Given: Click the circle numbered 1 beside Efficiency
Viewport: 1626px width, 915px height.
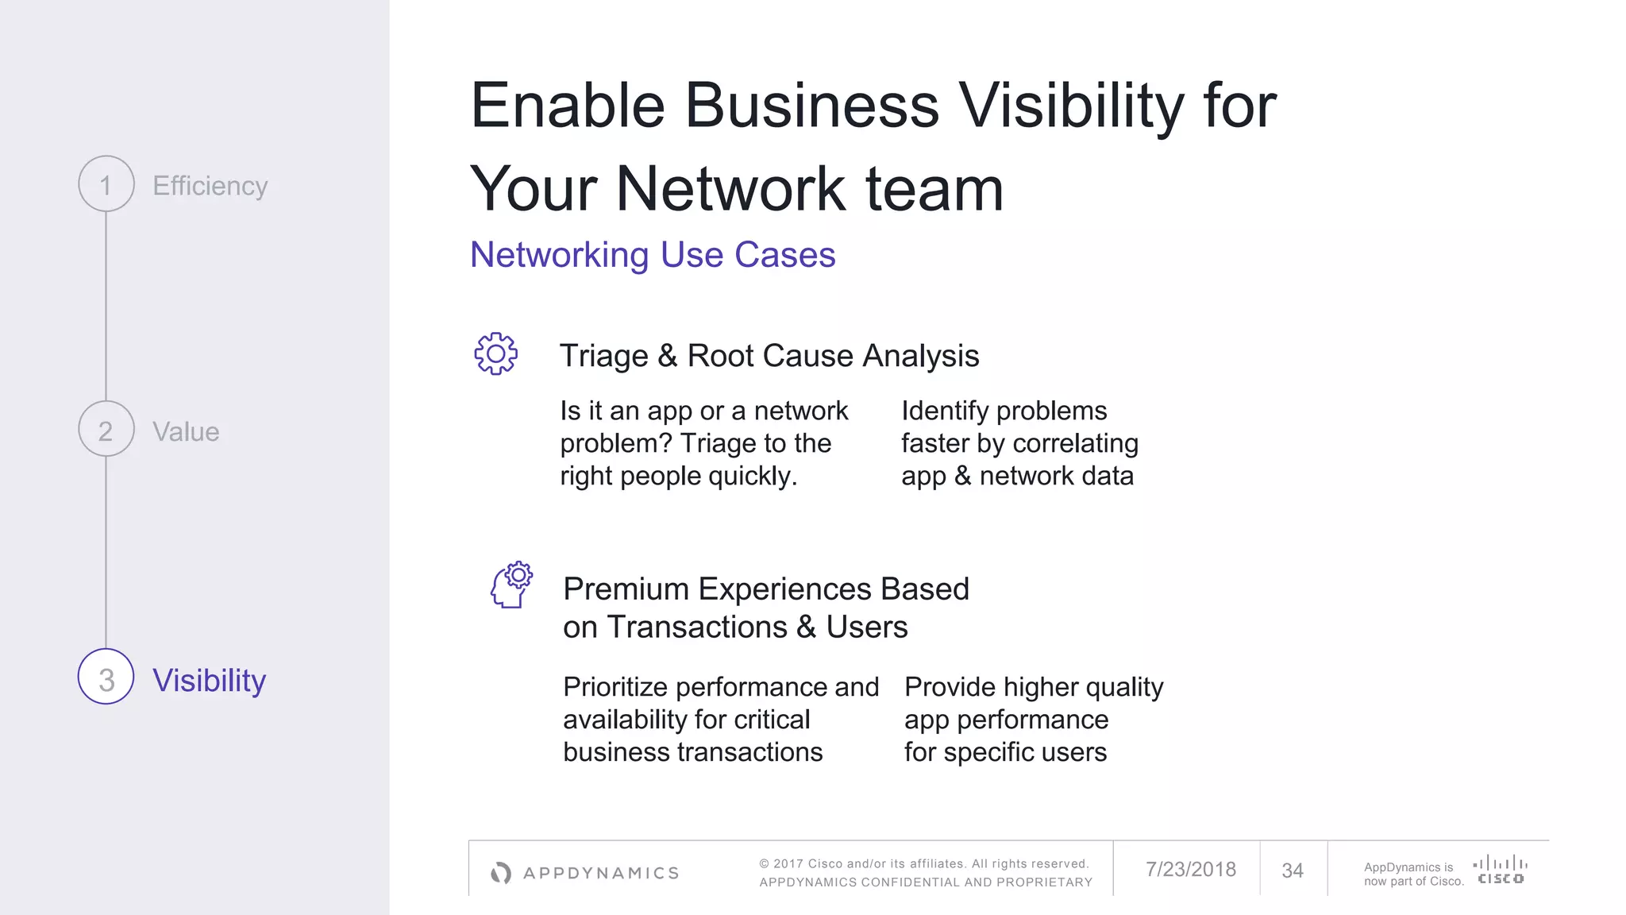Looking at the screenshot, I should click(x=106, y=184).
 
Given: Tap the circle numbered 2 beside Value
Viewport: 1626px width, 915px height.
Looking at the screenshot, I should click(x=106, y=430).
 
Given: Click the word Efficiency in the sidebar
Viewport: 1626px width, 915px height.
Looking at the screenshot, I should click(x=210, y=186).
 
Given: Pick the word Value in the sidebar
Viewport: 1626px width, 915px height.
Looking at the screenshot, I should click(x=186, y=432).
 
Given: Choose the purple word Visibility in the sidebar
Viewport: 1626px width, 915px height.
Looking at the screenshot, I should click(x=209, y=681).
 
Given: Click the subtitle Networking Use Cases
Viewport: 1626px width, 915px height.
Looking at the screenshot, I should click(x=652, y=255).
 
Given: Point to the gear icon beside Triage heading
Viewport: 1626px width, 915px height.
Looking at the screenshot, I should click(x=496, y=354).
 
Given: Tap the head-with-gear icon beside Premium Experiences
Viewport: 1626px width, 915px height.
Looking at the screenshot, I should click(x=511, y=585).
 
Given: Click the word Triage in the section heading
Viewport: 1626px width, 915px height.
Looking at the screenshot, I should click(x=603, y=356).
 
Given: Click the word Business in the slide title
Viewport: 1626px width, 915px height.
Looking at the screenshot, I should click(x=811, y=106).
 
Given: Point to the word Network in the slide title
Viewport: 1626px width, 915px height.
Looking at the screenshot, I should click(x=731, y=189).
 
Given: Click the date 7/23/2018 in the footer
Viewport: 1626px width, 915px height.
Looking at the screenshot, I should click(x=1190, y=870).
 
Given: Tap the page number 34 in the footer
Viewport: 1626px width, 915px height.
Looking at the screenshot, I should click(x=1292, y=871).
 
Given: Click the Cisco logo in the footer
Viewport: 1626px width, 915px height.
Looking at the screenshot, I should click(x=1500, y=870).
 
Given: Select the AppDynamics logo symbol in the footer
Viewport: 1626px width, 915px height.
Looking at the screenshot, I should click(x=501, y=873).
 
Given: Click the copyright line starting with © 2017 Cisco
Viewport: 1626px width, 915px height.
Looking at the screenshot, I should click(x=923, y=863).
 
